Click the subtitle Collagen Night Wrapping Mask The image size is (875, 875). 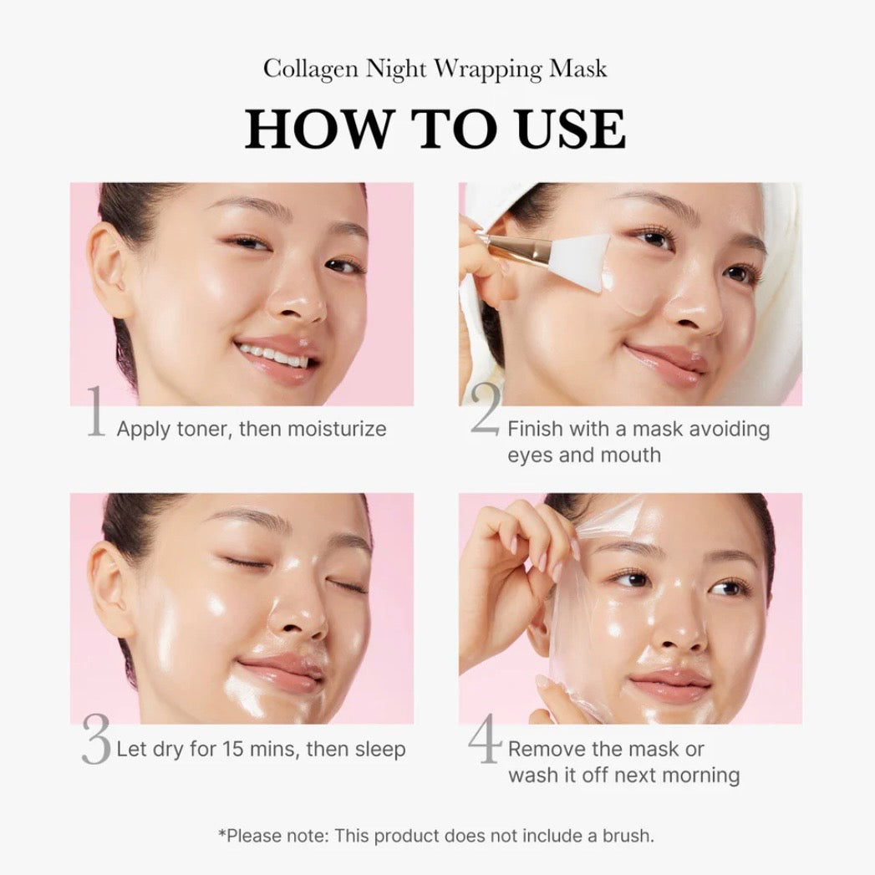click(435, 69)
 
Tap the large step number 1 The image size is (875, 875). click(95, 413)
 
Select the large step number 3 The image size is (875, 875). click(96, 739)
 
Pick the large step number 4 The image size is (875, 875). click(484, 739)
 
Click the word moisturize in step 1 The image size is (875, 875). click(337, 430)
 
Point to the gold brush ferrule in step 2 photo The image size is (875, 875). click(519, 247)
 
